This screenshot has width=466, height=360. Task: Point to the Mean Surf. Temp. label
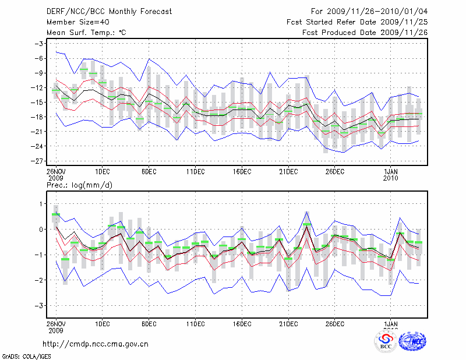coord(86,33)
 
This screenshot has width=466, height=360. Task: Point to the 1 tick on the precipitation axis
coord(41,203)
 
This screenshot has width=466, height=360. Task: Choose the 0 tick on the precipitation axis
coord(41,229)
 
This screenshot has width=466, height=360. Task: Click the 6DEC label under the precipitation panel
coord(149,324)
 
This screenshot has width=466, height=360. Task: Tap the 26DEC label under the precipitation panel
coord(335,324)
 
